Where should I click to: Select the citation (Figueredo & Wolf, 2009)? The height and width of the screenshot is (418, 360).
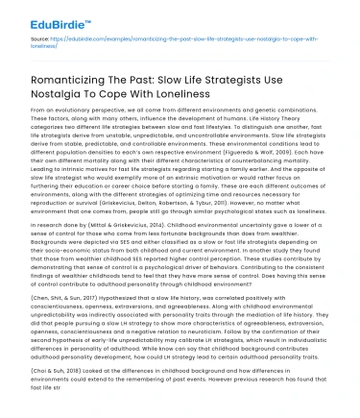tap(272, 155)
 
